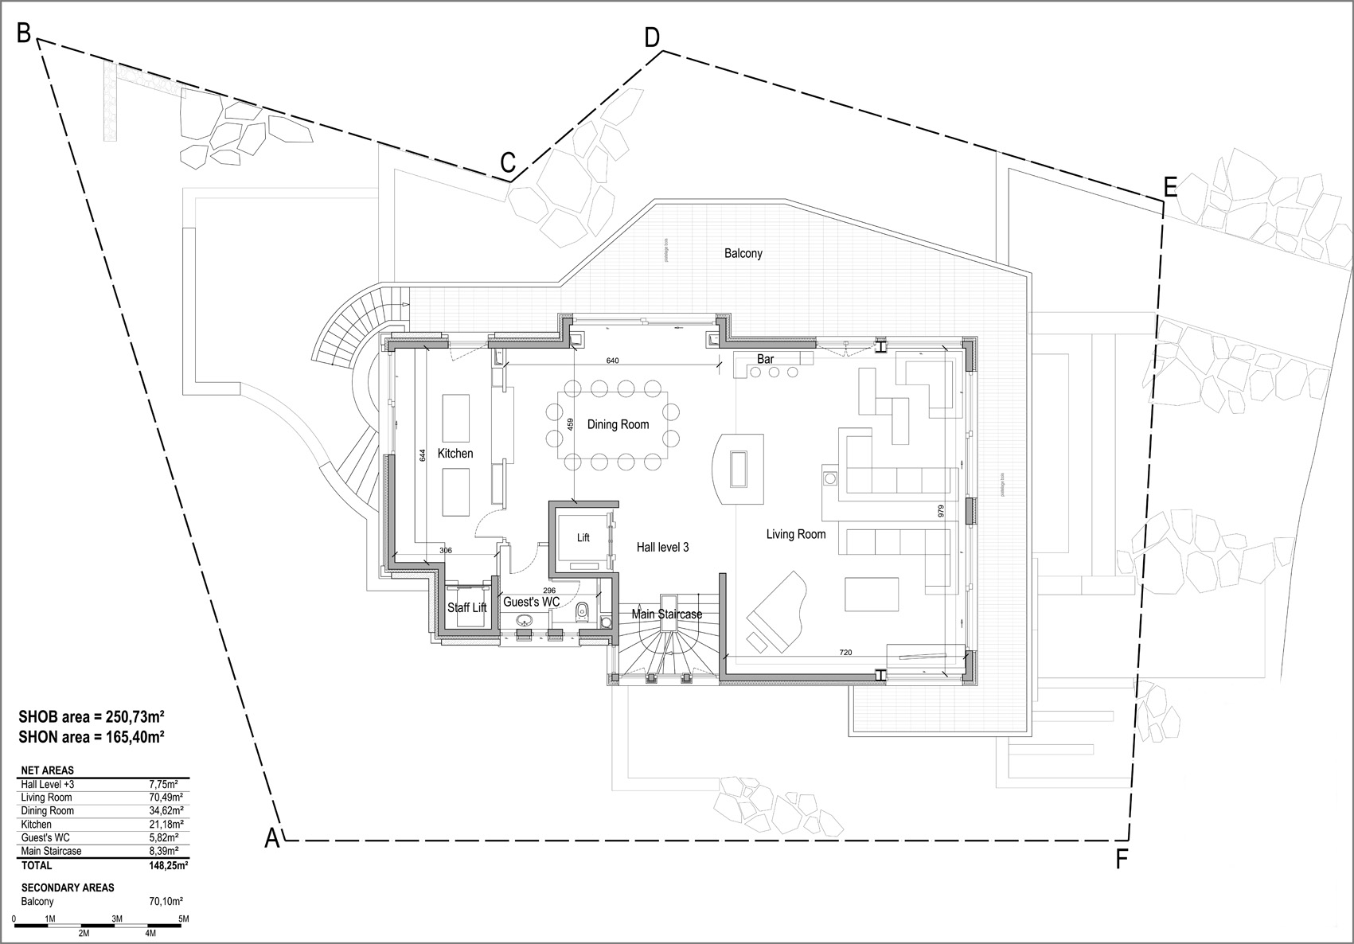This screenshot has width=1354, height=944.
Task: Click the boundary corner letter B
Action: (24, 33)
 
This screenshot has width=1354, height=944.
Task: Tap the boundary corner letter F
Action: (1122, 859)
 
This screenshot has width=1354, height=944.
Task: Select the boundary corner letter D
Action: (652, 37)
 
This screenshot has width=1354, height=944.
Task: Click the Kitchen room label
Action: (455, 454)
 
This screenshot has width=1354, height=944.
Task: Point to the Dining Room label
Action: (618, 424)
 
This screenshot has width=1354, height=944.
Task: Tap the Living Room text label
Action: (795, 534)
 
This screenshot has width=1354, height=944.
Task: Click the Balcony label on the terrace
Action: (743, 253)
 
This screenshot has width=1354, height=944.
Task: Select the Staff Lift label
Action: (466, 607)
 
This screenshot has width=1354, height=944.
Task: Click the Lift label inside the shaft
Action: (583, 538)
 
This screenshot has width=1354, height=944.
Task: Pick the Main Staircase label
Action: (666, 614)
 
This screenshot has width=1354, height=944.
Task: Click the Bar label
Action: (765, 359)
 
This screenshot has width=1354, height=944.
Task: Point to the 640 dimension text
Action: (612, 361)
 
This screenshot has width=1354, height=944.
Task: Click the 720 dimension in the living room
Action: (845, 653)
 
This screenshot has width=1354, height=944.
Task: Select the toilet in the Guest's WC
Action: (581, 612)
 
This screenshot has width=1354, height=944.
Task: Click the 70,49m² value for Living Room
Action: (166, 797)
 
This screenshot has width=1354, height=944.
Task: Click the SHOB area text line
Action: (92, 716)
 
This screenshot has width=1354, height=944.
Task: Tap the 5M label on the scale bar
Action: (183, 919)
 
